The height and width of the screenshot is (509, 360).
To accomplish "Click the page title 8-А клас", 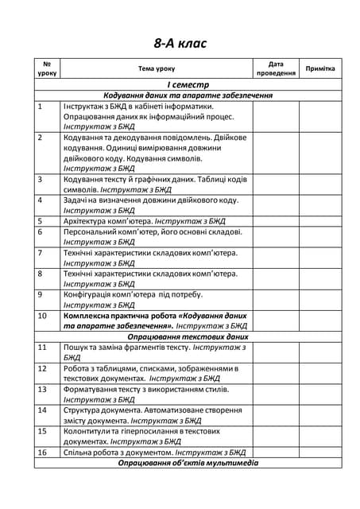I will point(180,43).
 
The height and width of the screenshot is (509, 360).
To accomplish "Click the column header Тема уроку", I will point(156,68).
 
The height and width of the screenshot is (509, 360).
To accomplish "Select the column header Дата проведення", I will point(276,68).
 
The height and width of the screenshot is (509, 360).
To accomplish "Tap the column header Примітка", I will point(320,68).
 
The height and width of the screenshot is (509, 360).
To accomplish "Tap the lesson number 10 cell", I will point(43,316).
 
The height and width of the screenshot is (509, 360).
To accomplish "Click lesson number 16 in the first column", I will point(43,452).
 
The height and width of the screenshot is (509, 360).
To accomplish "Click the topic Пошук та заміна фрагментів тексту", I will point(126,348).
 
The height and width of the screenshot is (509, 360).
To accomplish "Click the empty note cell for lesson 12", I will point(320,374).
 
